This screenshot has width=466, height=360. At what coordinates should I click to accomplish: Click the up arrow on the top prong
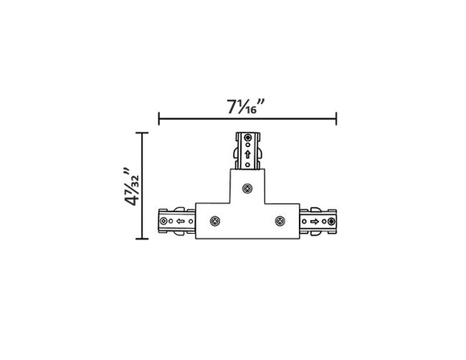(x=247, y=153)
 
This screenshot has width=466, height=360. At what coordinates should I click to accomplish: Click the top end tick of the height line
(x=143, y=133)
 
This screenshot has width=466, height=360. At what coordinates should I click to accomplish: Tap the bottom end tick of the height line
(x=143, y=239)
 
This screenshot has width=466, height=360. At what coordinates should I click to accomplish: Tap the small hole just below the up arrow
(x=247, y=163)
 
